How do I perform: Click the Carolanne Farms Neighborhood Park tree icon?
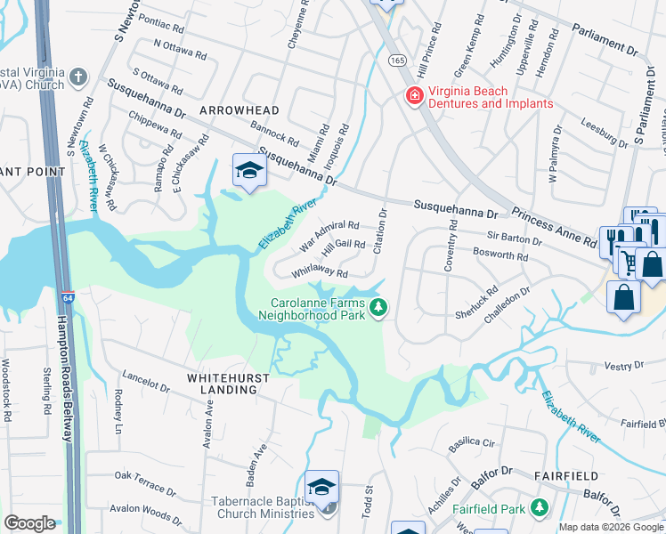click(380, 308)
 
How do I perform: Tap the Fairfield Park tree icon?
click(539, 507)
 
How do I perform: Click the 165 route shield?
click(396, 59)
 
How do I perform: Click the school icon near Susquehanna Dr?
click(250, 171)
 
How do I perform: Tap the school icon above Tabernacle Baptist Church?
click(321, 487)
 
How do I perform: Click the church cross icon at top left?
click(78, 77)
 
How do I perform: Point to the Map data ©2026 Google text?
click(611, 527)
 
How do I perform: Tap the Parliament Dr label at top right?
click(613, 41)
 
